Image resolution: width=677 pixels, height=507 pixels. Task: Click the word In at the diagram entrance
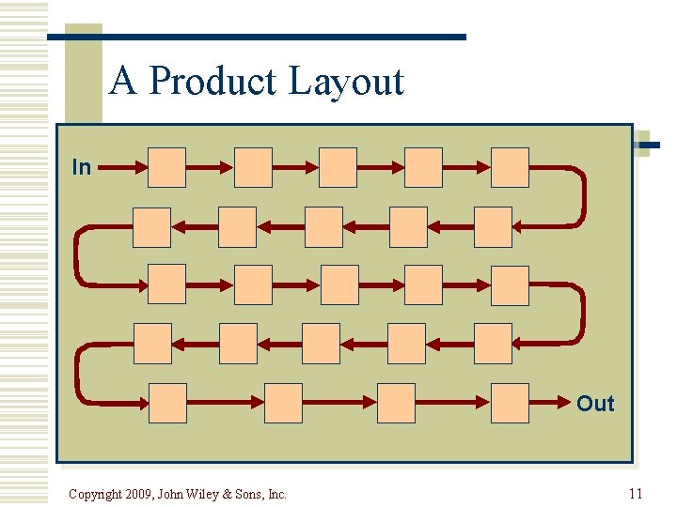coord(82,167)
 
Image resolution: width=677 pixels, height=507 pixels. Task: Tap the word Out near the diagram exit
coord(594,404)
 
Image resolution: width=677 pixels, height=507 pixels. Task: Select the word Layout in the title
coord(346,82)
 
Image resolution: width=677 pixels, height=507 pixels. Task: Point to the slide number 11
coord(636,494)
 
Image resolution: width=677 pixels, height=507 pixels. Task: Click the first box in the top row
coord(167,167)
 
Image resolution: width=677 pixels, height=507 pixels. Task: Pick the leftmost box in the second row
coord(152,226)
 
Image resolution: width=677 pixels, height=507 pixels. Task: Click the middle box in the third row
coord(339,284)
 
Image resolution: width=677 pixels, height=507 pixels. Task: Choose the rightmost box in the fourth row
coord(493,343)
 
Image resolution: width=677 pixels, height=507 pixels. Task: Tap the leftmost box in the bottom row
coord(167,403)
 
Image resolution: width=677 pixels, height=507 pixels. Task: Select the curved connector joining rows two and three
coord(77,255)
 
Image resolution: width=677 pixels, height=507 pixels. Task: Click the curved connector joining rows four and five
coord(77,373)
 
